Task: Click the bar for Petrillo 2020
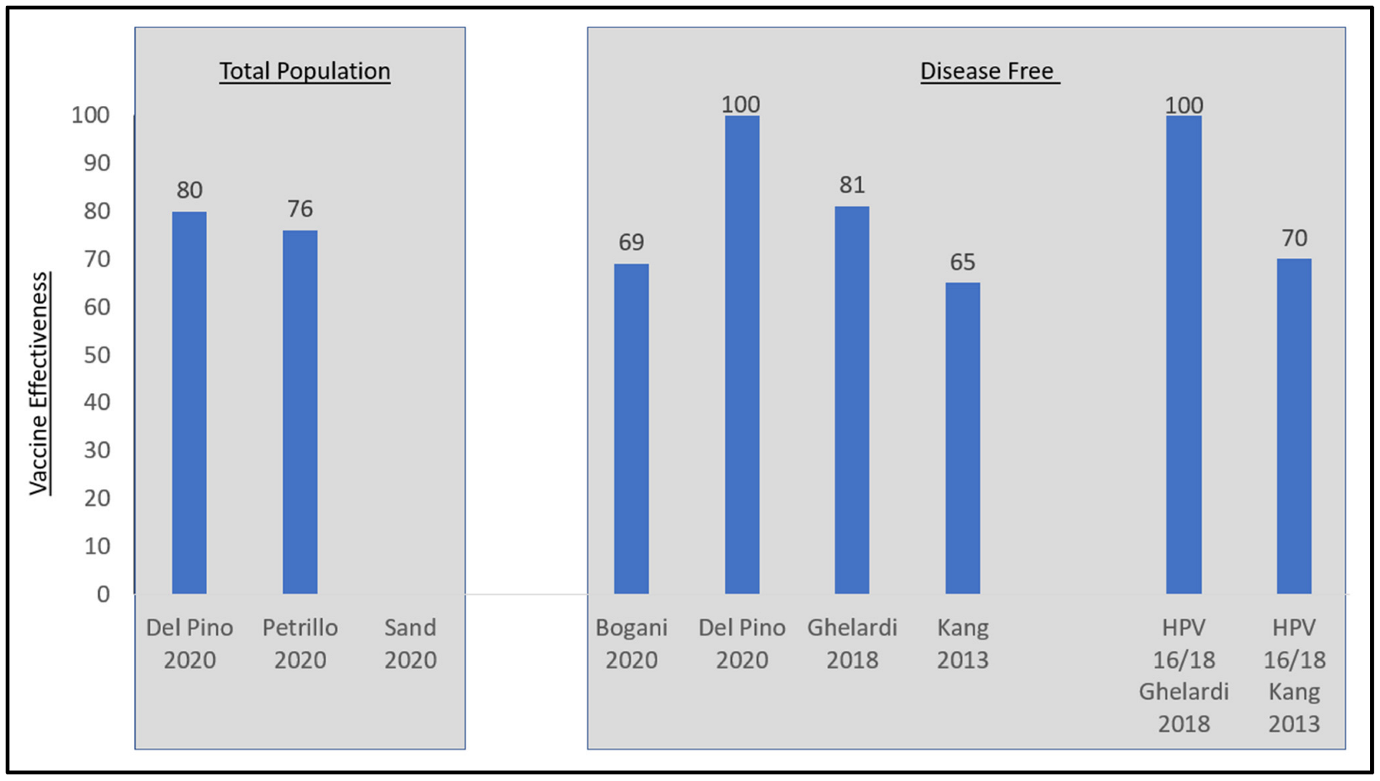[x=300, y=412]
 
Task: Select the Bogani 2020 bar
[x=631, y=429]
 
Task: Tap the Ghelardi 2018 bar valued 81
[x=852, y=400]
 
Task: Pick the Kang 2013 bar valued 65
[x=962, y=438]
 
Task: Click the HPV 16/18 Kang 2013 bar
[x=1294, y=426]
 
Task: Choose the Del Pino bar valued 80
[x=189, y=402]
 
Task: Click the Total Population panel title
[x=305, y=71]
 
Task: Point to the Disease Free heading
[x=988, y=71]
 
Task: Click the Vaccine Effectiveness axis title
[x=39, y=383]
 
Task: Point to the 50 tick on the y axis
[x=97, y=355]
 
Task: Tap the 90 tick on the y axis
[x=97, y=163]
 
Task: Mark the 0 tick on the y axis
[x=103, y=594]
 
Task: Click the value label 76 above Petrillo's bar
[x=300, y=208]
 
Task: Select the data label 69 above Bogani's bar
[x=631, y=242]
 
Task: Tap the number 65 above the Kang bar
[x=962, y=262]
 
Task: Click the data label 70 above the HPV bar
[x=1294, y=238]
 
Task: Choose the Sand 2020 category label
[x=410, y=644]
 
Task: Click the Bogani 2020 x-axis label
[x=631, y=644]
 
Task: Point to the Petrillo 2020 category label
[x=300, y=644]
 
